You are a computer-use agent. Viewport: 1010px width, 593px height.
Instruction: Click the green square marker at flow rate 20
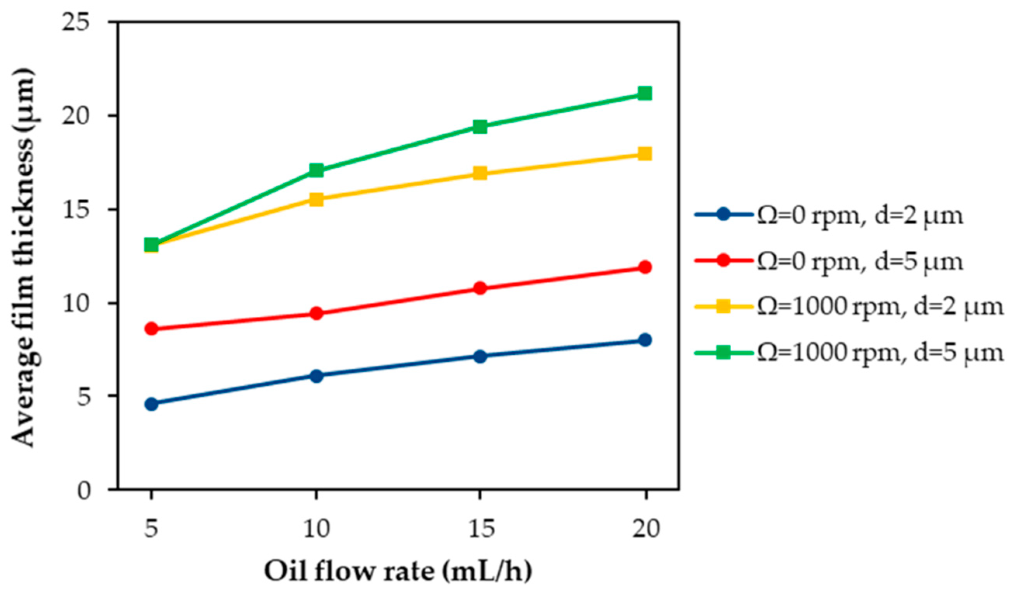click(x=645, y=94)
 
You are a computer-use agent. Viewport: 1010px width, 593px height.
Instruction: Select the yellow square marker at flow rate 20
click(x=645, y=153)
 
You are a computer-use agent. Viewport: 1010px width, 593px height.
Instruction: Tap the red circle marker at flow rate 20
click(x=645, y=267)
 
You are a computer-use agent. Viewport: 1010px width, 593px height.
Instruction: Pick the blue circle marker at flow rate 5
click(x=151, y=404)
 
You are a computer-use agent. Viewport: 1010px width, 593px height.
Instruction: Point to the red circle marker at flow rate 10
click(x=317, y=313)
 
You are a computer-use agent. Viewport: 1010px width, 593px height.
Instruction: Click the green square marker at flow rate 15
click(x=480, y=127)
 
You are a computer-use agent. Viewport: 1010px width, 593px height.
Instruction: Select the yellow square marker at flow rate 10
click(x=317, y=199)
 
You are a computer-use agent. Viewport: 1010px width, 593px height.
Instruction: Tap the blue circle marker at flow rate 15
click(x=480, y=356)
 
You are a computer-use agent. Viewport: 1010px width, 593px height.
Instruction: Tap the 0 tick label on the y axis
click(x=84, y=490)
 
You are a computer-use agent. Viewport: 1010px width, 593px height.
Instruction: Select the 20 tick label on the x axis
click(x=646, y=529)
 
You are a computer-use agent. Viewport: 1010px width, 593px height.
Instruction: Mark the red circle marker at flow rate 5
click(x=151, y=329)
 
